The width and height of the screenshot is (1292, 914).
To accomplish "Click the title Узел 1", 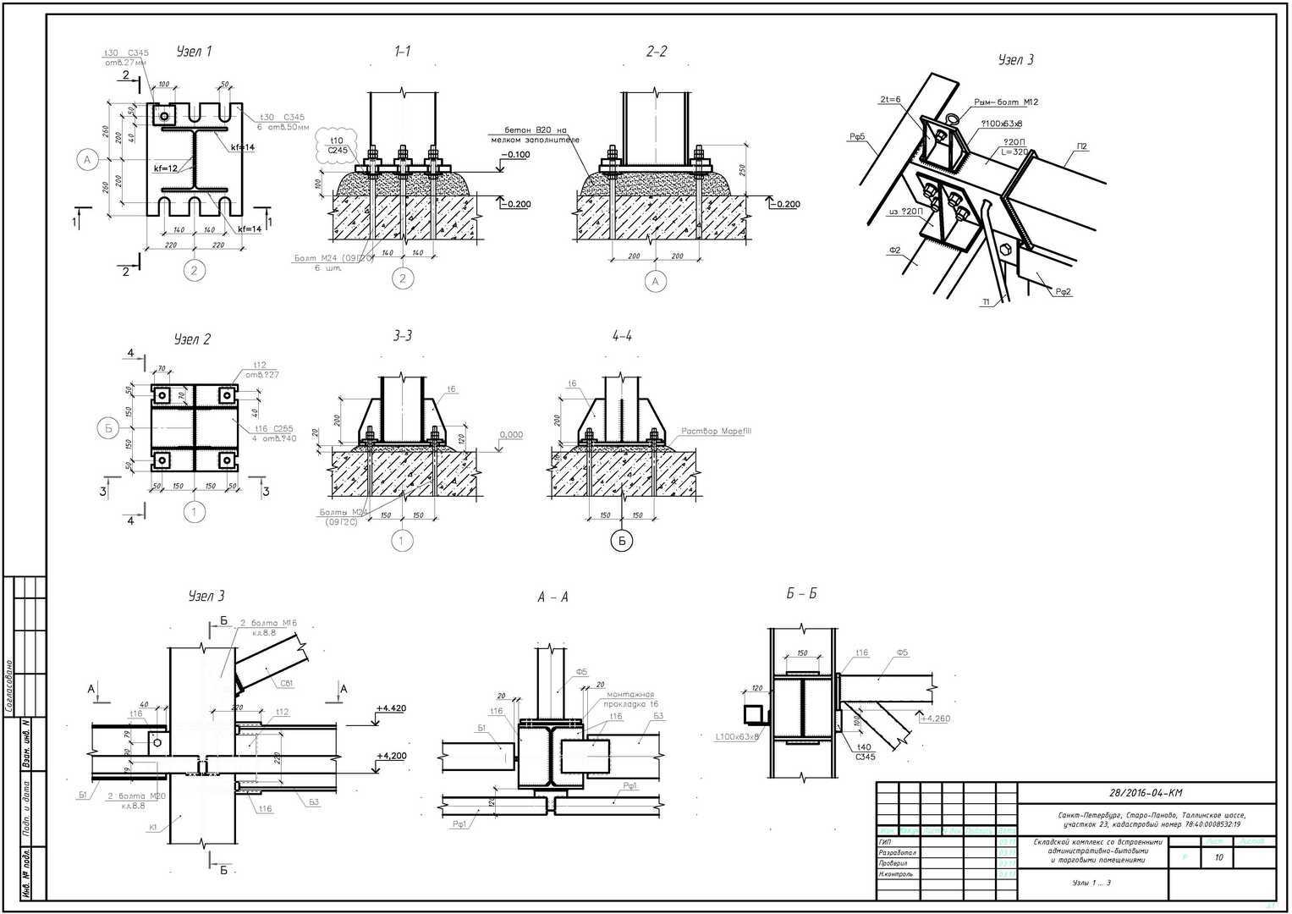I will (x=194, y=52).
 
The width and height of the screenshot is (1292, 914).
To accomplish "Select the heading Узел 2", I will (x=192, y=339).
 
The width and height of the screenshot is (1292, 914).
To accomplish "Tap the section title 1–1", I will (x=403, y=52).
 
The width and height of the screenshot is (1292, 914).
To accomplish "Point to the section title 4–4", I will (x=622, y=336).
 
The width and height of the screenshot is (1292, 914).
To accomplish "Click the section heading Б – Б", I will (x=801, y=593).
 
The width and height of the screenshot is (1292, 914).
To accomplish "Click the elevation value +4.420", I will (x=391, y=708).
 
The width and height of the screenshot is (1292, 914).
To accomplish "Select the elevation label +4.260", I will (x=937, y=719).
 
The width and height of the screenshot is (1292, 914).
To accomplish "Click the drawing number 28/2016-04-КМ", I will (x=1146, y=793).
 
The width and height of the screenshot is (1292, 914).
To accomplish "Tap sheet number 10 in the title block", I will (x=1218, y=857).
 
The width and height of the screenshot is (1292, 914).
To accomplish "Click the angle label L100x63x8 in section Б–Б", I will (x=738, y=736).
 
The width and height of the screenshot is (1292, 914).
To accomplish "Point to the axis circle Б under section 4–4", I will (x=622, y=540).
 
